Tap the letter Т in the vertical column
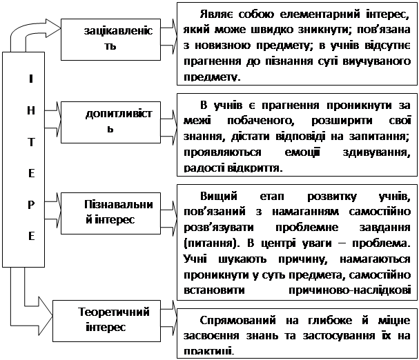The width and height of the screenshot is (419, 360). [30, 141]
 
